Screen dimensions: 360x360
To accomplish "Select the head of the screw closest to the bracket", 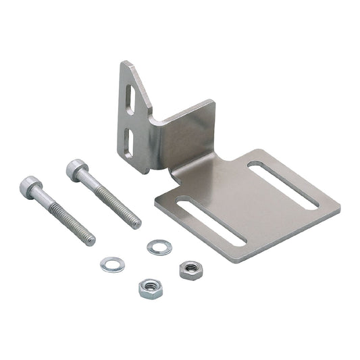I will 76,169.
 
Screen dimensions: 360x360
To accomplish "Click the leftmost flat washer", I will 111,264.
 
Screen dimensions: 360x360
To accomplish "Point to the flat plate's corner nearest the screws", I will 156,201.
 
